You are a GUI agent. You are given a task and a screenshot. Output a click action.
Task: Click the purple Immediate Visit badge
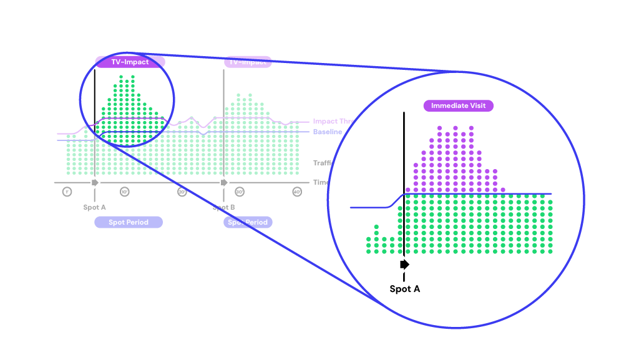[458, 106]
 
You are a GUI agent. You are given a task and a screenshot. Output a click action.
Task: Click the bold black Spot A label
[404, 289]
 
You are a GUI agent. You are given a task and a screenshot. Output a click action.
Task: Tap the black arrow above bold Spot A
[404, 265]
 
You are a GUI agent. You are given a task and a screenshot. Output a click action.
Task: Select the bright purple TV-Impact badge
[130, 62]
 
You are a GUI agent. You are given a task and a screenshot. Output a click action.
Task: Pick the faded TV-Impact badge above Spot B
[247, 62]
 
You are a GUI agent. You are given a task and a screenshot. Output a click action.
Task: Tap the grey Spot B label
[223, 207]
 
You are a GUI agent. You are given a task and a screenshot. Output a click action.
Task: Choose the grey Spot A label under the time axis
[95, 207]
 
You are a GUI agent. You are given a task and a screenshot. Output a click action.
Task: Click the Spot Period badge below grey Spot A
[129, 222]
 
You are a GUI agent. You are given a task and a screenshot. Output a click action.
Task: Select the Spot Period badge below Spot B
[248, 222]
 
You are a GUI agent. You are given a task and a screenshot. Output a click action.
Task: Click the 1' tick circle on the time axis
[67, 192]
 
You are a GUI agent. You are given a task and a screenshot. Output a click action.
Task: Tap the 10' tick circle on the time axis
[124, 192]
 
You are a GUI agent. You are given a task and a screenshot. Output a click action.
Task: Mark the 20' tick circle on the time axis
[182, 192]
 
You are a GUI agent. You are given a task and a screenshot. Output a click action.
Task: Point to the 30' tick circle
[239, 192]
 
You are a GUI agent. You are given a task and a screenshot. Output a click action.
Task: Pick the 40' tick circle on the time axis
[296, 192]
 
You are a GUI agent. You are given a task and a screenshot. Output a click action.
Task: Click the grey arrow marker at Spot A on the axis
[95, 182]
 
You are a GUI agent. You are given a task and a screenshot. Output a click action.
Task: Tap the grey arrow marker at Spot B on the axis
[223, 182]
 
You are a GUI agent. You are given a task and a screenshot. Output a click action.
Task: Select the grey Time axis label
[321, 182]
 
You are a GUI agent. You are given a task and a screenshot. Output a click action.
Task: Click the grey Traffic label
[321, 163]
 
